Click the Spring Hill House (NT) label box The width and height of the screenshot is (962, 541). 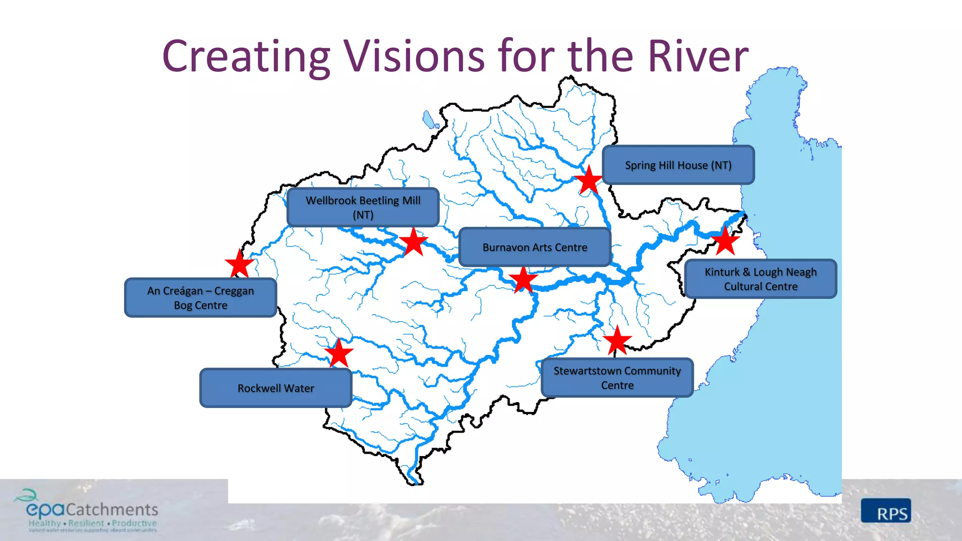tap(678, 165)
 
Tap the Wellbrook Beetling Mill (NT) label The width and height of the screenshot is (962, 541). tap(363, 207)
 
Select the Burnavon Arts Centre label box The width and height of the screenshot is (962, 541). tap(535, 247)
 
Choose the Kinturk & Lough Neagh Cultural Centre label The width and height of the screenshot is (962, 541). tap(760, 279)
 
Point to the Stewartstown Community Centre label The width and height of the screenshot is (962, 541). tap(617, 378)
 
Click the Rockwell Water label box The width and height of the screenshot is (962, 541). tap(276, 388)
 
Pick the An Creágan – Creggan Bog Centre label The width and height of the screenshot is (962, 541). tap(201, 298)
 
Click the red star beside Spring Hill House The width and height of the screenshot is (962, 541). tap(589, 180)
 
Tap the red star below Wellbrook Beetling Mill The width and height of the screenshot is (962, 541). tap(413, 242)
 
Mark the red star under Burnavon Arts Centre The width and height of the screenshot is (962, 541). tap(523, 280)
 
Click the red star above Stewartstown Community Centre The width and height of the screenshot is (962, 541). tap(617, 341)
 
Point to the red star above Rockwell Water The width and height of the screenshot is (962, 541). tap(339, 353)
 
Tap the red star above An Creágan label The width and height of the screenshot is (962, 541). tap(240, 264)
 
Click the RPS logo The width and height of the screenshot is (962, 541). tap(886, 511)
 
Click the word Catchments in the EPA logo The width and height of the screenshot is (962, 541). tap(112, 510)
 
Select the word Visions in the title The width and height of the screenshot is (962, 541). tap(415, 56)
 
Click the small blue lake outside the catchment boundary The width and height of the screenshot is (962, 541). tap(429, 119)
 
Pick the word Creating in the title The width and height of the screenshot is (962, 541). tap(246, 56)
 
